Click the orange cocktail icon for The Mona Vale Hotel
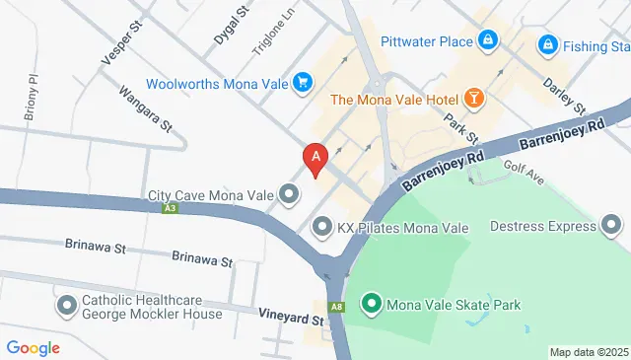point(474,98)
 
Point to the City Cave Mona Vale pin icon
point(288,194)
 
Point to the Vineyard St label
point(292,319)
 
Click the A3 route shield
point(172,209)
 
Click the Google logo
point(33,347)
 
